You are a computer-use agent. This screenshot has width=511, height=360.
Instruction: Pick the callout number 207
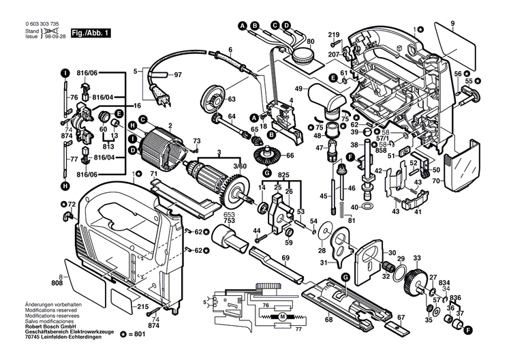pyautogui.click(x=333, y=53)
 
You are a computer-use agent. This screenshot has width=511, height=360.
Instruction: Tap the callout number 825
pyautogui.click(x=285, y=175)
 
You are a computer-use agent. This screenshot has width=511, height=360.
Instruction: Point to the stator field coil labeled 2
pyautogui.click(x=161, y=147)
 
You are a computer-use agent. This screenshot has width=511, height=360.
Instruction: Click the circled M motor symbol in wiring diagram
pyautogui.click(x=280, y=318)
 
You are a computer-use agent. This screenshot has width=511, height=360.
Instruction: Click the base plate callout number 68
pyautogui.click(x=329, y=319)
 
